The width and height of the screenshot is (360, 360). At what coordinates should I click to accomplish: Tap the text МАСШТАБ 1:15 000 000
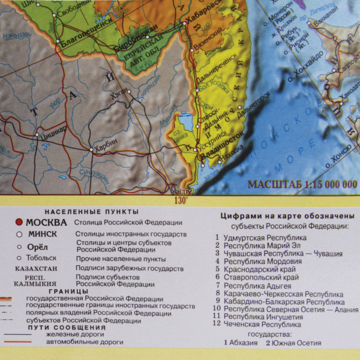click(x=302, y=184)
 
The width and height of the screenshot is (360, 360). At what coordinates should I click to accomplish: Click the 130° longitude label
click(x=181, y=200)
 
